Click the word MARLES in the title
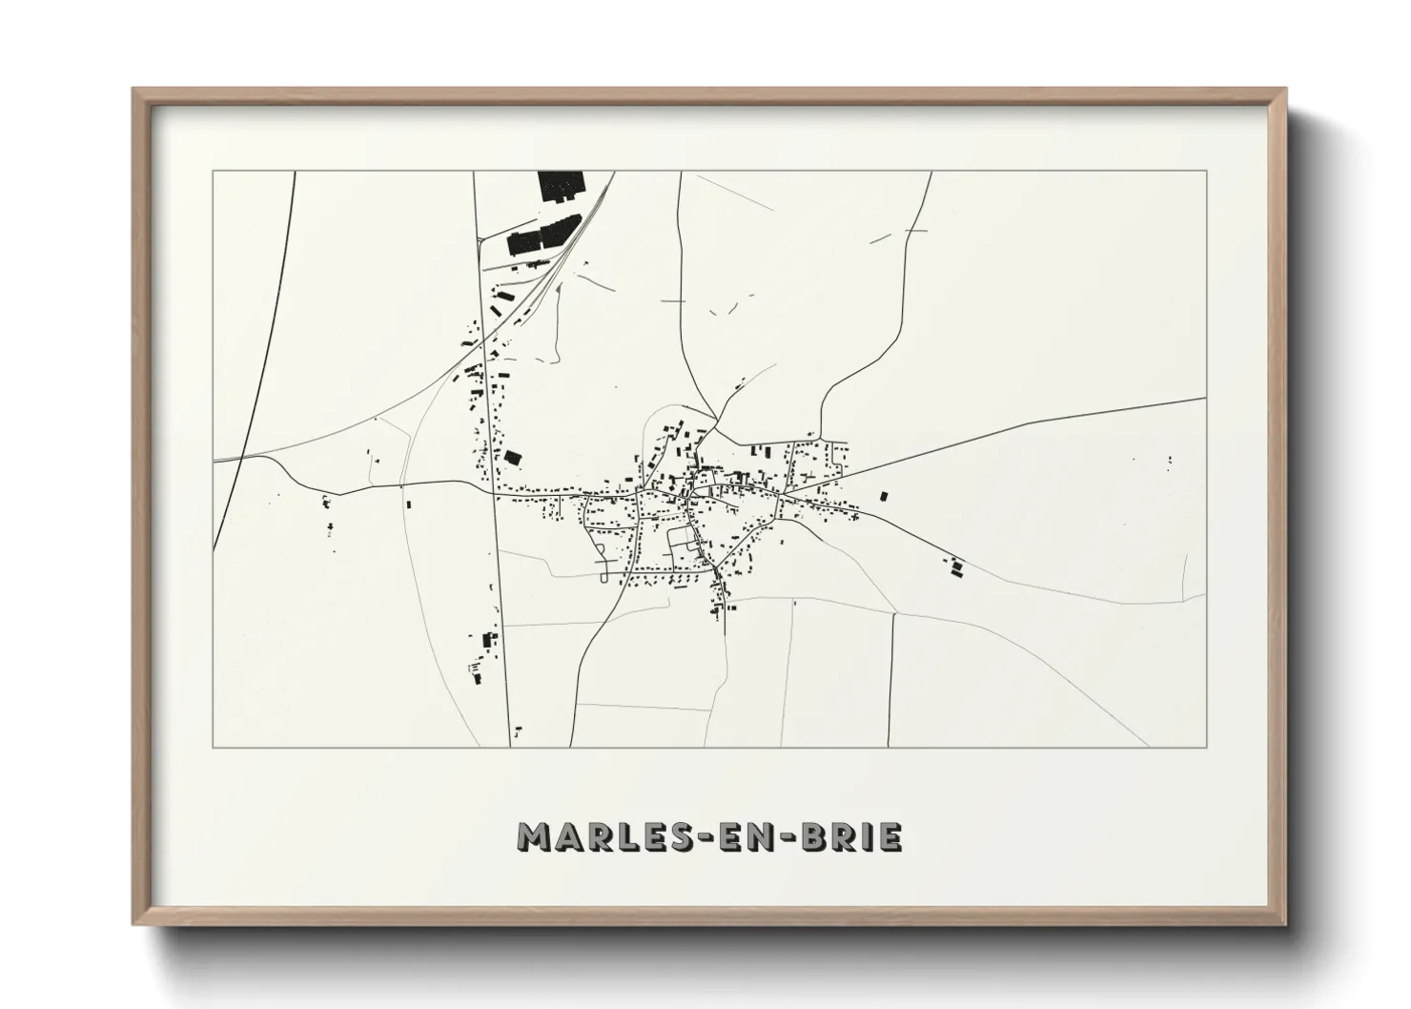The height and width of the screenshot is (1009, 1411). [590, 836]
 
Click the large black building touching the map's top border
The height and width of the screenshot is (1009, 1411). [554, 186]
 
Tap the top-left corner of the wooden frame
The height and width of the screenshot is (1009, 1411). [135, 91]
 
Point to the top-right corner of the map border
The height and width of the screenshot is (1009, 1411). [1207, 172]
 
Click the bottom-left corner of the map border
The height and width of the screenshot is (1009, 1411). [213, 747]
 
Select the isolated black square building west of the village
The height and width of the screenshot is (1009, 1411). [513, 459]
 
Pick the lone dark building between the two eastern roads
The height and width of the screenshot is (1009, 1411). [883, 497]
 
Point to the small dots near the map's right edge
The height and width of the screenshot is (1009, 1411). [1170, 461]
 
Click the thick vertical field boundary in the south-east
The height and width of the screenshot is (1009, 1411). [890, 677]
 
